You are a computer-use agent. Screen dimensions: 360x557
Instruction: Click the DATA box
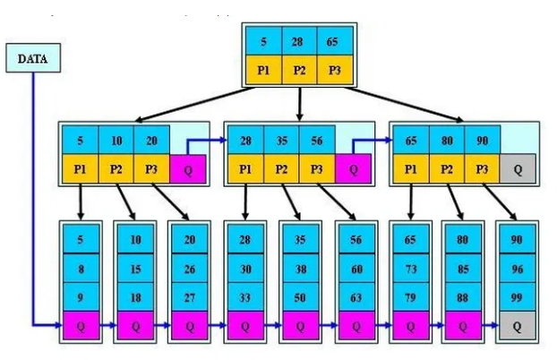[33, 59]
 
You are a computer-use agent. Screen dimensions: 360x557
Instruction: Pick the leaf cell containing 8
[81, 268]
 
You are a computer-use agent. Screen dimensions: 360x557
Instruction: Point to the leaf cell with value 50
[300, 296]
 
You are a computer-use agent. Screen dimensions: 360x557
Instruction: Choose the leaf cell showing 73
[409, 268]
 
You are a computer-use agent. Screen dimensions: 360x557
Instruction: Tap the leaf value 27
[190, 296]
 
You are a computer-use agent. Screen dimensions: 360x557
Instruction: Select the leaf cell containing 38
[300, 268]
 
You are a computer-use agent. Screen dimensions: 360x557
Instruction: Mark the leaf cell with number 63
[355, 296]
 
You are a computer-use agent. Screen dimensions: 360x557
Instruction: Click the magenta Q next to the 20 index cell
[189, 168]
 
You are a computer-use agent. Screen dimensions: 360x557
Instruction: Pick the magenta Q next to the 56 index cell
[354, 168]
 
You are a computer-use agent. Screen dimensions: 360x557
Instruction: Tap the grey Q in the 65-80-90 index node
[518, 168]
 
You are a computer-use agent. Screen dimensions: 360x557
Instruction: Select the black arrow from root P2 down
[298, 102]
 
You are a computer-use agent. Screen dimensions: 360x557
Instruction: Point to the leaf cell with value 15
[135, 268]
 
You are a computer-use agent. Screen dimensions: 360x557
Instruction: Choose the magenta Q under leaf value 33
[245, 326]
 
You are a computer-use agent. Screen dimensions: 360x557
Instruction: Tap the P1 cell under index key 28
[245, 167]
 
